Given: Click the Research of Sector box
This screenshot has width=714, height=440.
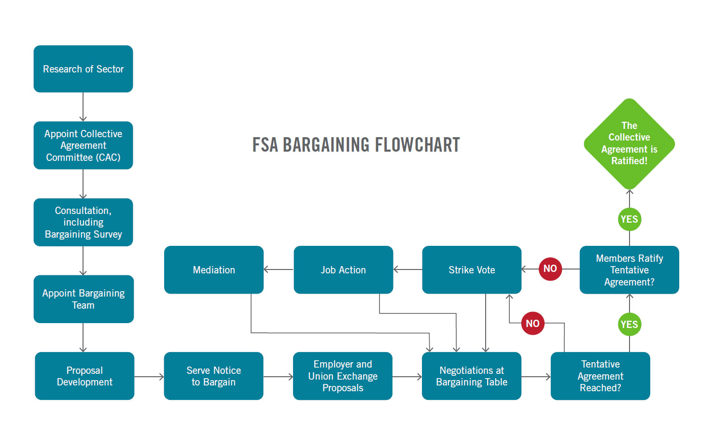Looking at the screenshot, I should [83, 69].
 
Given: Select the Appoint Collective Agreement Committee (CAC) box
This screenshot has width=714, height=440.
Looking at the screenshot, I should [83, 145].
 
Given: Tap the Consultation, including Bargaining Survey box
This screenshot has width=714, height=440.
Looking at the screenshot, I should [83, 222].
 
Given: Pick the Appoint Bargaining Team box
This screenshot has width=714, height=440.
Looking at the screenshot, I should [83, 299].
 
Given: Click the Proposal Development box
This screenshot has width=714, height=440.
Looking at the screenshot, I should [84, 376].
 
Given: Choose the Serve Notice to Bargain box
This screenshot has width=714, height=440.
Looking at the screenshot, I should [213, 376].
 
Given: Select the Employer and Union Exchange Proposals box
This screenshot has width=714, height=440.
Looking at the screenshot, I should [343, 376].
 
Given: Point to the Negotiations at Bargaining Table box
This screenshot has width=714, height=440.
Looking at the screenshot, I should [472, 376].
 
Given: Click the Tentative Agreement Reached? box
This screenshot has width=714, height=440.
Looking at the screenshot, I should [600, 376].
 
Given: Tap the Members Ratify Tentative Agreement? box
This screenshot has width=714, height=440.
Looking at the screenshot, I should [629, 270].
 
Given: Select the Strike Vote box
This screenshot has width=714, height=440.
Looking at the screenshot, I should [472, 270].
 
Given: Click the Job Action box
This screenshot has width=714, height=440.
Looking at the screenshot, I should [343, 270].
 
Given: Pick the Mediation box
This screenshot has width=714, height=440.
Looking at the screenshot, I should [214, 270].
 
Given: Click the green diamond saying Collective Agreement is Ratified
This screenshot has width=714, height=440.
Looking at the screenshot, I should [629, 143].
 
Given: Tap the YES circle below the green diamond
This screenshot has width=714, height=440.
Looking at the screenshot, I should [629, 219].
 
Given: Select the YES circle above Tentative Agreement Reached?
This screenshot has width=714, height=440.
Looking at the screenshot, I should [629, 325].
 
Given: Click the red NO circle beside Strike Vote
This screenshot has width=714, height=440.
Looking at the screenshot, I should [550, 269].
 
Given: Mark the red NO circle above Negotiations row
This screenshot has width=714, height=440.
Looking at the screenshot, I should [532, 324].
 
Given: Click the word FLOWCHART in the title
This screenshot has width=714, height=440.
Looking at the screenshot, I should [417, 145].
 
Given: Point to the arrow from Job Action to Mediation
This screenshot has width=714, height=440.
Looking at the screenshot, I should [279, 270].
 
